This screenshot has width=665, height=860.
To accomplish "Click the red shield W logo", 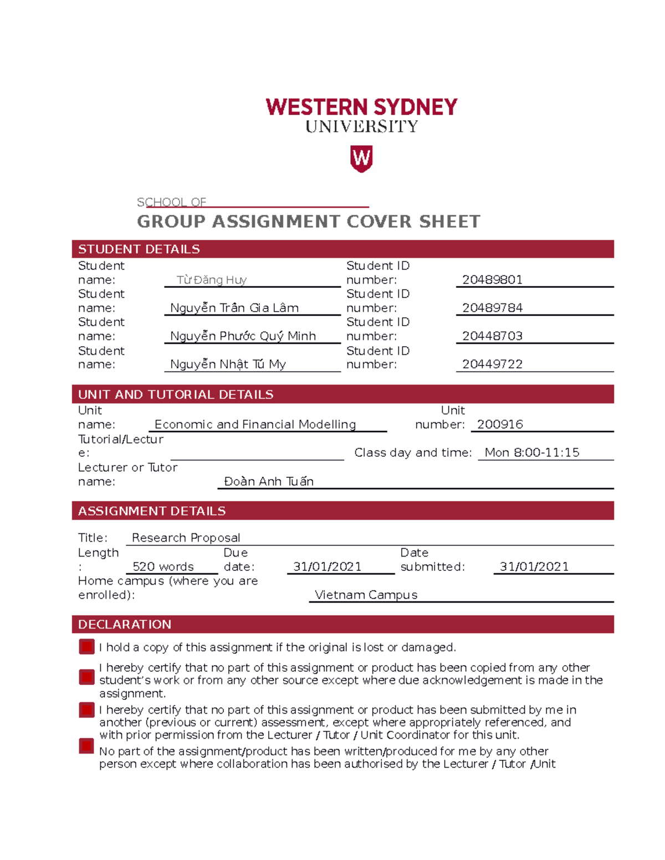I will [361, 159].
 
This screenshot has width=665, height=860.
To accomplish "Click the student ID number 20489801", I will [492, 280].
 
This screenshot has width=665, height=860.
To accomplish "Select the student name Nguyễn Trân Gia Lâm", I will [234, 308].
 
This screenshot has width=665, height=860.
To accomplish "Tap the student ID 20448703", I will [492, 336].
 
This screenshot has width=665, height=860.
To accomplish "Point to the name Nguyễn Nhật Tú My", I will [228, 364].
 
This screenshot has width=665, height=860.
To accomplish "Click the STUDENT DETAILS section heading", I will [139, 249].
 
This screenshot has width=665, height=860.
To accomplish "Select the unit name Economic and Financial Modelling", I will [255, 425].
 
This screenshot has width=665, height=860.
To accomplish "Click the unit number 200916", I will [500, 425].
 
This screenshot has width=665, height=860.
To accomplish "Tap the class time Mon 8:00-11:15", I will [531, 453].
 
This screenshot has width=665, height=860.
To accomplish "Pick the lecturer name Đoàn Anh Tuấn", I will [269, 482].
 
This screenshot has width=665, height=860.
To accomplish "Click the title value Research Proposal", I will [186, 538].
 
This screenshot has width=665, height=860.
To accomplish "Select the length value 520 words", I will [163, 567].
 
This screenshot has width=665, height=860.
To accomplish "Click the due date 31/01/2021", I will [327, 567].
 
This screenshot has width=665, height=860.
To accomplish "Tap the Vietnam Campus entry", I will [366, 595].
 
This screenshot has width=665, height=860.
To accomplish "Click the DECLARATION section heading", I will [125, 625].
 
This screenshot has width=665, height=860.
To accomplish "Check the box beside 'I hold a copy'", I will [86, 647].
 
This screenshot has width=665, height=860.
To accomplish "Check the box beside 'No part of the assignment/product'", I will [86, 746].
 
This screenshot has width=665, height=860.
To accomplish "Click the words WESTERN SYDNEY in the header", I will [361, 107].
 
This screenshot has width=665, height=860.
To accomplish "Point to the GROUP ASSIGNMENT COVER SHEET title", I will [309, 222].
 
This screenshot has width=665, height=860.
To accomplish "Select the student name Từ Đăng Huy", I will [211, 280].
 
